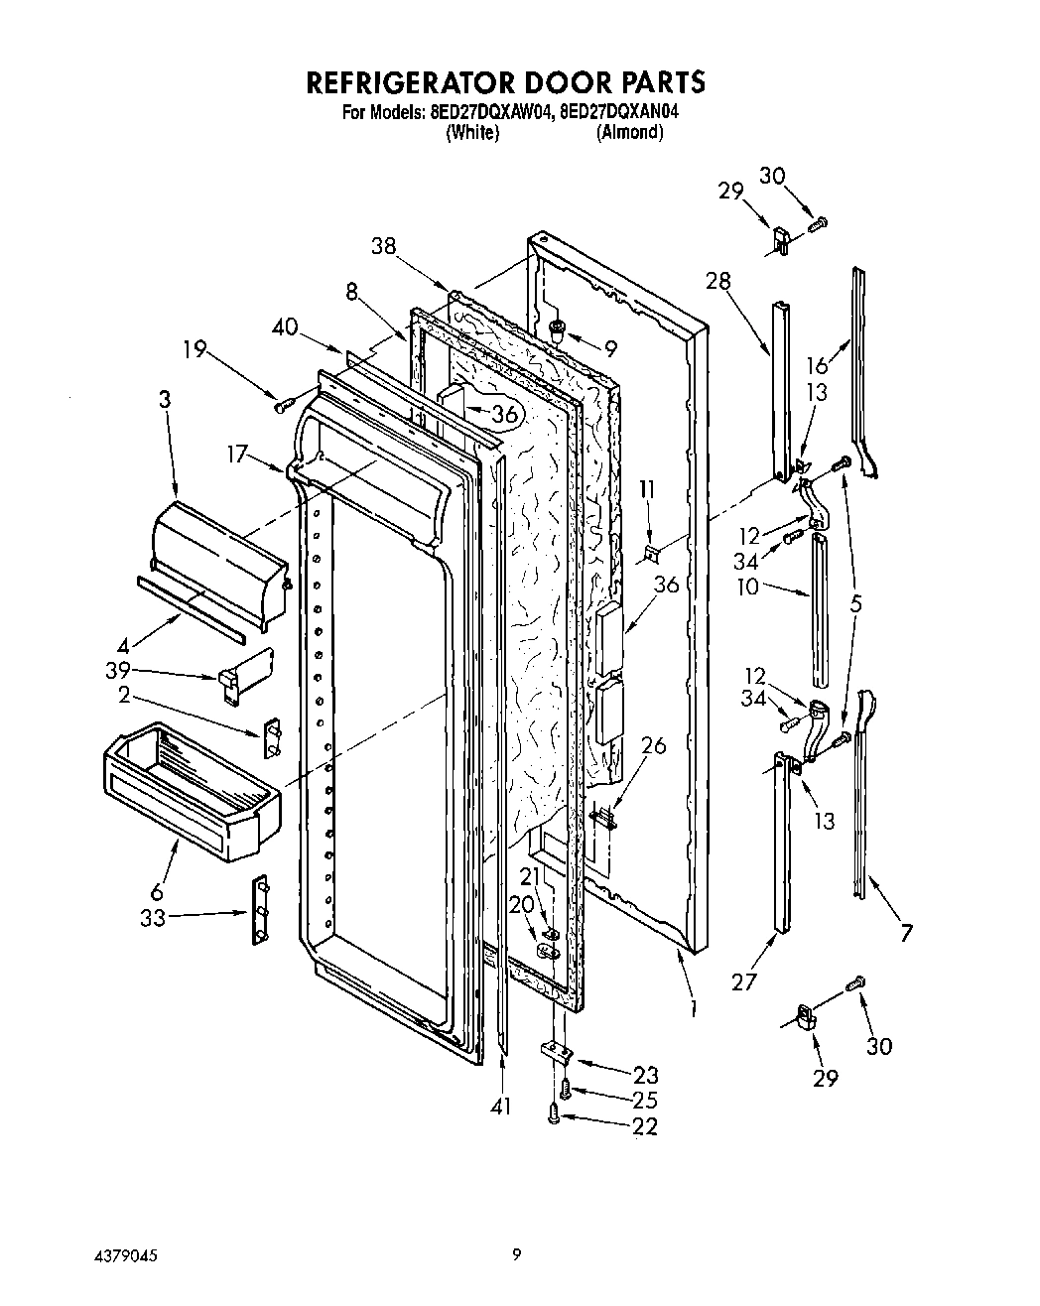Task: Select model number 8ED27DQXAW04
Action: [487, 112]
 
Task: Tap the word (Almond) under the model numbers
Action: [629, 132]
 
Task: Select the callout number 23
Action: [647, 1074]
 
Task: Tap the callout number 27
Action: [743, 982]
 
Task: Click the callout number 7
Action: [905, 933]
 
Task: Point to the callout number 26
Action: [653, 745]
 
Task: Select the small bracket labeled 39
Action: [244, 676]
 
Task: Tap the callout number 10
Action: [747, 587]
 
